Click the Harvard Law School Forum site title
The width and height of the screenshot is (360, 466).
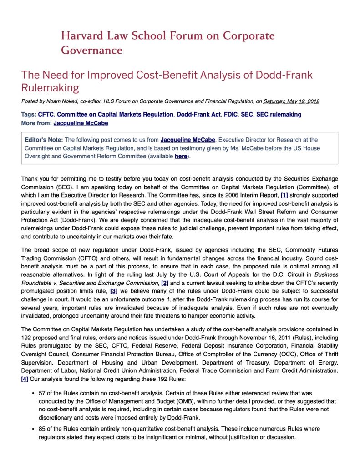(167, 42)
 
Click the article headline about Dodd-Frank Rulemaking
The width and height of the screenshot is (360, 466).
(167, 81)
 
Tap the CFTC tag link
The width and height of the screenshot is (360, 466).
(46, 115)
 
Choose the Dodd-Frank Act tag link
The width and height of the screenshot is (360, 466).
(198, 115)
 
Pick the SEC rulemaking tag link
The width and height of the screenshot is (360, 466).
(279, 115)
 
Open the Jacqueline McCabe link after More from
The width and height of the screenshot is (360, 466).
(81, 123)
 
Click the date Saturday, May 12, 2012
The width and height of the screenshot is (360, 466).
(291, 101)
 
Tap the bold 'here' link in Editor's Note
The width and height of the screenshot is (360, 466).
(181, 157)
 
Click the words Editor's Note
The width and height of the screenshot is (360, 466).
(44, 140)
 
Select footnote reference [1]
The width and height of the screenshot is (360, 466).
(284, 196)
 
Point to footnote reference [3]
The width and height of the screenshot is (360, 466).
(114, 291)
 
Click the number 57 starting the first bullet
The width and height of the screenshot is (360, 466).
(42, 393)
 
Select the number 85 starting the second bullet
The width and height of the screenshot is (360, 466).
(42, 429)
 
